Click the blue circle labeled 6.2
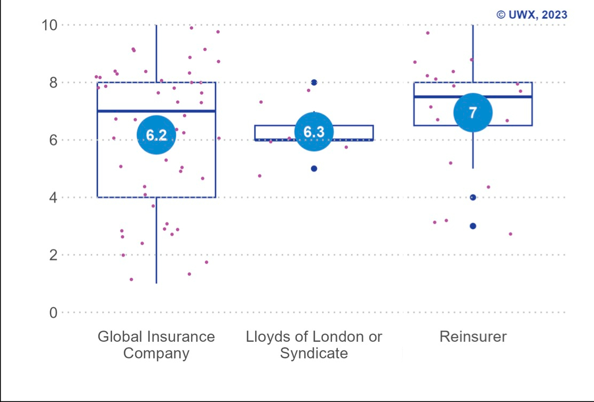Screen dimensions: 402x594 (156, 135)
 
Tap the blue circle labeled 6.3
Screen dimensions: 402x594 (314, 132)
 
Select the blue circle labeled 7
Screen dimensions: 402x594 (473, 112)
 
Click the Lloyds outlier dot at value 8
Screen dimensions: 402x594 (314, 82)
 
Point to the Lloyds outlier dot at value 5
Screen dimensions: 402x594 (314, 168)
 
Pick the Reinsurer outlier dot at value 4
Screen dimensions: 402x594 (473, 197)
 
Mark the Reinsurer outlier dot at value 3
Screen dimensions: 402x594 (473, 226)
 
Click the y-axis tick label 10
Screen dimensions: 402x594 (50, 25)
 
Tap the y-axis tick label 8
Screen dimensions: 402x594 (53, 83)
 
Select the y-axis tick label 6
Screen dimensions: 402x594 (53, 140)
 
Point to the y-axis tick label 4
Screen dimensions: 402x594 (53, 198)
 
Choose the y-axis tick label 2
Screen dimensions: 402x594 (53, 255)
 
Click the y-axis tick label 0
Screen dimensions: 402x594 (53, 312)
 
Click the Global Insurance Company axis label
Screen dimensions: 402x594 (156, 345)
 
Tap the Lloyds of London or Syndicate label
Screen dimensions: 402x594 (314, 345)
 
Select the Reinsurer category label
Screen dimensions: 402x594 (473, 337)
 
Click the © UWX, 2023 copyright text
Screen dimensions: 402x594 (532, 15)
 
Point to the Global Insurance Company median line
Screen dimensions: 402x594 (117, 111)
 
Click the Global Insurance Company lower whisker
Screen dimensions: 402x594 (156, 245)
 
